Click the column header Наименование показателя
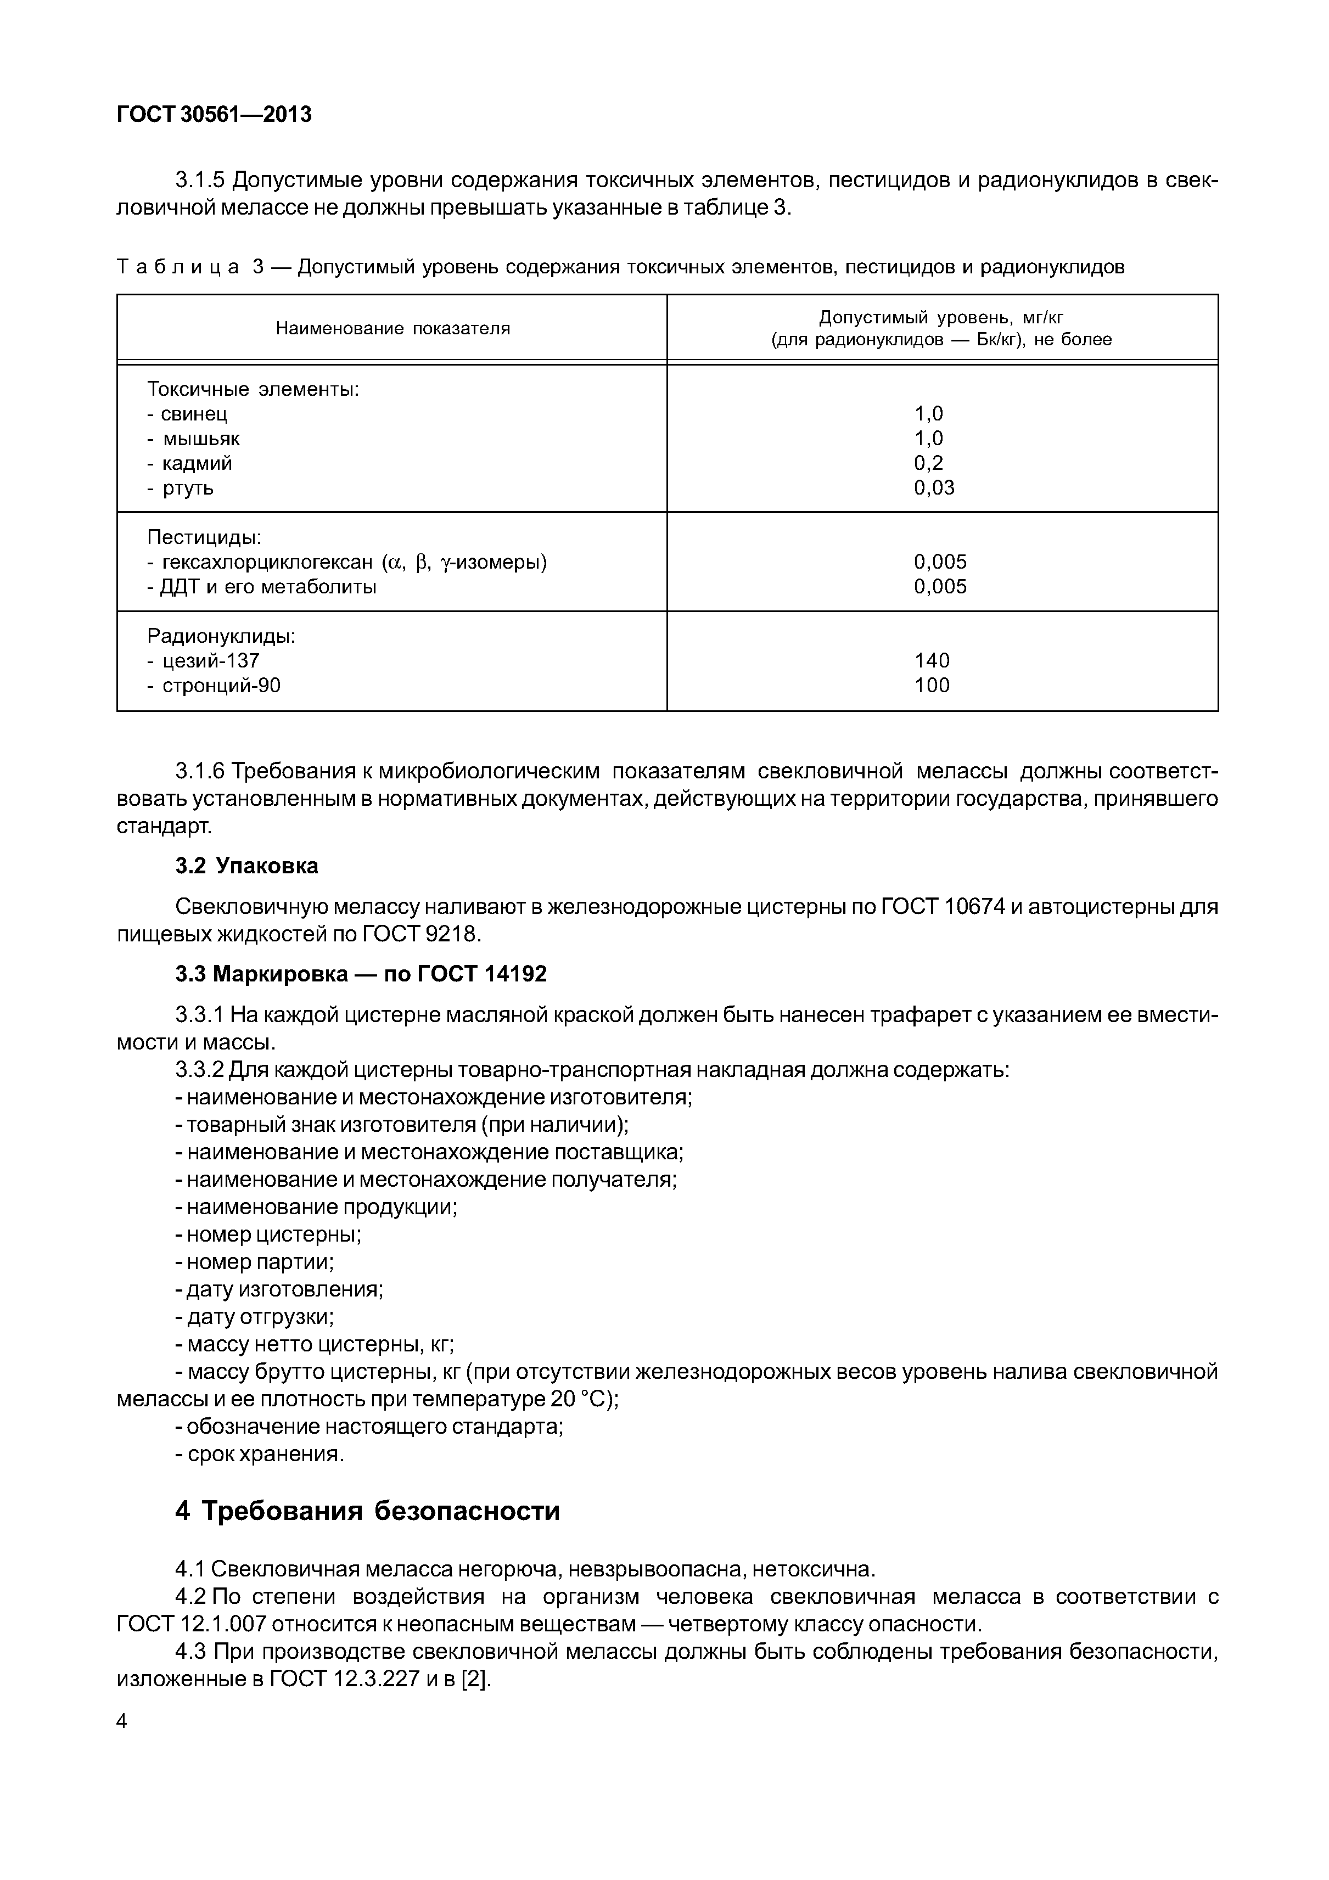tap(392, 328)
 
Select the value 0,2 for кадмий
tap(929, 463)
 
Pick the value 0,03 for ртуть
tap(934, 488)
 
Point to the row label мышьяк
tap(200, 439)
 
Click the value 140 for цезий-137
tap(932, 661)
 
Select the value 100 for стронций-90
tap(932, 686)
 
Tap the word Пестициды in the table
tap(204, 537)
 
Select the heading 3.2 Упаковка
tap(246, 866)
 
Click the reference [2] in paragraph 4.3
tap(474, 1680)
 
